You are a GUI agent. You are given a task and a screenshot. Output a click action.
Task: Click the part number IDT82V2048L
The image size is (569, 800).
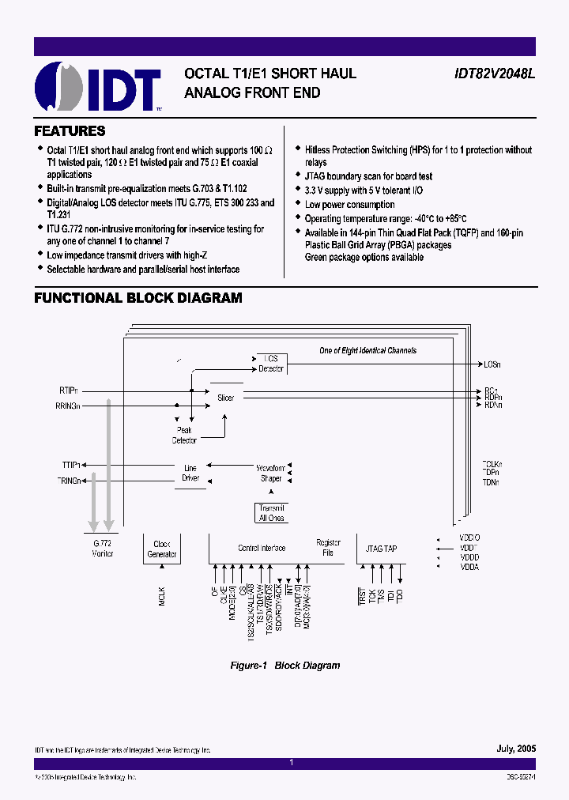click(494, 74)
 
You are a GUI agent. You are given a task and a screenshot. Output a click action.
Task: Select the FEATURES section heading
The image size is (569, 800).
click(70, 131)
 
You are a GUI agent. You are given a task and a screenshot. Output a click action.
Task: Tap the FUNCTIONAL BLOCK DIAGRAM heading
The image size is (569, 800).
click(138, 298)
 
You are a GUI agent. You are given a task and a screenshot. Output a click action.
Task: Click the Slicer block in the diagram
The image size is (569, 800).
click(226, 398)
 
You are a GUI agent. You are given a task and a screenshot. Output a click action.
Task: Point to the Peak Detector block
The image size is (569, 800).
click(184, 435)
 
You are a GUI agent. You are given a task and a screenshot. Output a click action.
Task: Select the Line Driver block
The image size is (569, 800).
click(190, 473)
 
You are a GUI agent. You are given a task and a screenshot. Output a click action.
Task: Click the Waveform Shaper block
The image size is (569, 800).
click(270, 473)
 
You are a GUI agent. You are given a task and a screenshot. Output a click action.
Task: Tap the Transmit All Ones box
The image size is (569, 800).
click(272, 513)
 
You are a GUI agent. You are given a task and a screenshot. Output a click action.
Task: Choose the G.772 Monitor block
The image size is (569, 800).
click(103, 549)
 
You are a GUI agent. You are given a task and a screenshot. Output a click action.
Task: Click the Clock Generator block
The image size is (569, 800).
click(162, 549)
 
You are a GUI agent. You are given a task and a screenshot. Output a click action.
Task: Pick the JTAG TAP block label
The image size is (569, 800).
click(382, 548)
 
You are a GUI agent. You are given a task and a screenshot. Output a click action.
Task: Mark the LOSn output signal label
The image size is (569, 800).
click(492, 364)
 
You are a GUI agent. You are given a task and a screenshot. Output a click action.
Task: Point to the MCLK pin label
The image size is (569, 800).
click(162, 596)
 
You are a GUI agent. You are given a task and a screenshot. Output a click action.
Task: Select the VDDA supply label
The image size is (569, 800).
click(469, 567)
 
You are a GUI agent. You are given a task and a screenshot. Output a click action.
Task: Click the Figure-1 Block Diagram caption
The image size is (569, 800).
click(284, 666)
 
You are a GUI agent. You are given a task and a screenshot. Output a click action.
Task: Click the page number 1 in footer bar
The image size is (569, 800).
click(291, 763)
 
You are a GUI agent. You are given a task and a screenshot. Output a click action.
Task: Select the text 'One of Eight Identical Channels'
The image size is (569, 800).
click(367, 350)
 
